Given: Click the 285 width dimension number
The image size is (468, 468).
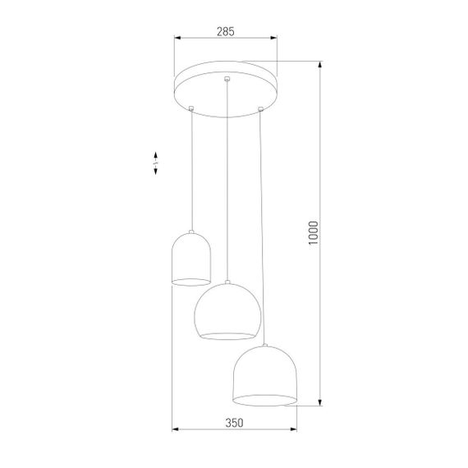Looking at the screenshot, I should [x=226, y=31].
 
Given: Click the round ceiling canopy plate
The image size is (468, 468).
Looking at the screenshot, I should [x=226, y=88].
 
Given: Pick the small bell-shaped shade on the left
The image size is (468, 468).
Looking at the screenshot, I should [x=190, y=259].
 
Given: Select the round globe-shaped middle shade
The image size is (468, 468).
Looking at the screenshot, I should [x=227, y=310].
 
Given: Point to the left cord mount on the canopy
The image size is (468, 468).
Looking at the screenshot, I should [x=191, y=107].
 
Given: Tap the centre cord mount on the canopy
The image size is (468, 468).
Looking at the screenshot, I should [x=227, y=79].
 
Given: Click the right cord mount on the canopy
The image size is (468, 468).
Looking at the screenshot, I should [x=261, y=107].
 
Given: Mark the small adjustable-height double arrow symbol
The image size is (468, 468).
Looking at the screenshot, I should [x=156, y=163].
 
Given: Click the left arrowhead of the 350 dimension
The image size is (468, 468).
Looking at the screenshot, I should [x=173, y=430].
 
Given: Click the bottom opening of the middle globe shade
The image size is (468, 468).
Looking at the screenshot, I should [x=228, y=334].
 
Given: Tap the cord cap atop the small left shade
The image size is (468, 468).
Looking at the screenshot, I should [x=191, y=232].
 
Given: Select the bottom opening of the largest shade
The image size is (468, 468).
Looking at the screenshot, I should [x=265, y=400].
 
